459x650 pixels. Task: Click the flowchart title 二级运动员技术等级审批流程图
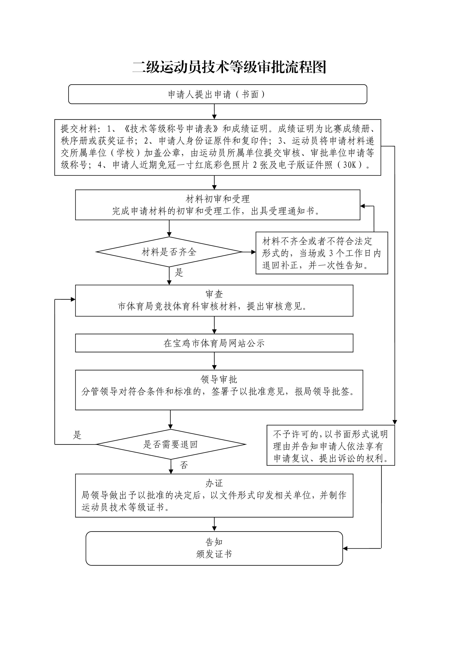tap(229, 67)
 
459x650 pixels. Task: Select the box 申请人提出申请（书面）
tap(217, 94)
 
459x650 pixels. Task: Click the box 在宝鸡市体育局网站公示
tap(214, 343)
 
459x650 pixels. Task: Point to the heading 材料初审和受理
tap(217, 199)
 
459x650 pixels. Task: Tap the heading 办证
tap(214, 483)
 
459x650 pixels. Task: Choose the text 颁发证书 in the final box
tap(214, 554)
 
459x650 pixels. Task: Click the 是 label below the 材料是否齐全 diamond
tap(179, 273)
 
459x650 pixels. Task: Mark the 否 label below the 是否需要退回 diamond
tap(184, 465)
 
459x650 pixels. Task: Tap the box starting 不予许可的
tap(330, 446)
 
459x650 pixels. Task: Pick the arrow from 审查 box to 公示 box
tap(214, 325)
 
